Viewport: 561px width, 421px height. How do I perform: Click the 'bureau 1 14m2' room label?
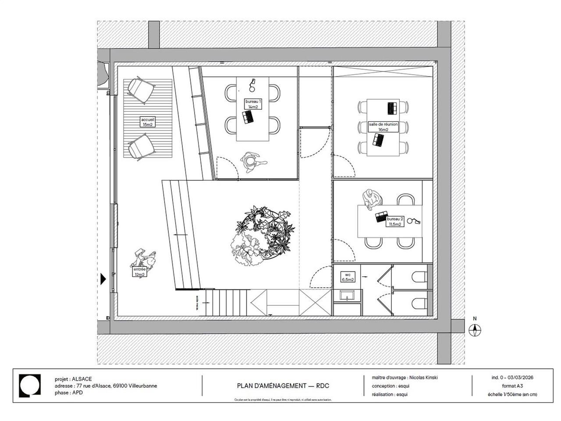tap(253, 104)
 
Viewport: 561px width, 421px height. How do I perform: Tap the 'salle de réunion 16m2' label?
tap(383, 127)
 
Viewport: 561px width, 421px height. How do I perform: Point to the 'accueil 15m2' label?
tap(148, 122)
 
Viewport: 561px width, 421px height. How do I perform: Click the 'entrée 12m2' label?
tap(139, 272)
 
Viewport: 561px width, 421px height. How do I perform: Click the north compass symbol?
tap(475, 330)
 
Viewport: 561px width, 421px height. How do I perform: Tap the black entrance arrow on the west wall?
tap(103, 279)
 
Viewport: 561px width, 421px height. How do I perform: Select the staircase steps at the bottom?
tap(225, 302)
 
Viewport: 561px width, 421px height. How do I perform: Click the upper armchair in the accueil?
tap(141, 90)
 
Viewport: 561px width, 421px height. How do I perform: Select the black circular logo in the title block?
tap(30, 385)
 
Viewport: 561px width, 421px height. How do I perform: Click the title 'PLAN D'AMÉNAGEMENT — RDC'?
tap(283, 386)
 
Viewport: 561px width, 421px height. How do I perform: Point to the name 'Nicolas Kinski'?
tap(423, 378)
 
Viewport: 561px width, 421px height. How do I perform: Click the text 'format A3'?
tap(512, 386)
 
